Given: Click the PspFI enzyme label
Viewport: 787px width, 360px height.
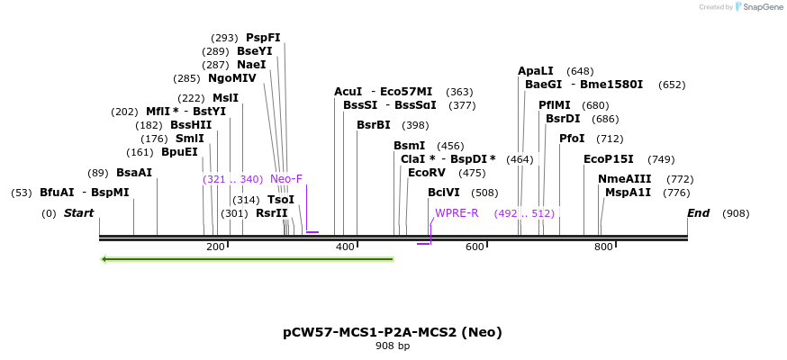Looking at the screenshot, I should pyautogui.click(x=263, y=38).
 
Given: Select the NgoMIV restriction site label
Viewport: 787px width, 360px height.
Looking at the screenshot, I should pyautogui.click(x=232, y=78).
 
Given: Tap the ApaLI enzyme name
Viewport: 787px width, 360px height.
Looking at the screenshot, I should pyautogui.click(x=535, y=71).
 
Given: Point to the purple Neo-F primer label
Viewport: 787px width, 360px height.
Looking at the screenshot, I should pyautogui.click(x=286, y=179).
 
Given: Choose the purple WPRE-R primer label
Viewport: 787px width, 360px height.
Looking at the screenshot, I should pyautogui.click(x=457, y=213).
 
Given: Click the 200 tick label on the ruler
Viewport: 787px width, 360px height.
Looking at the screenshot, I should pyautogui.click(x=215, y=247).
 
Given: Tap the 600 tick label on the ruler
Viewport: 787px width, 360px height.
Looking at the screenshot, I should pyautogui.click(x=475, y=247).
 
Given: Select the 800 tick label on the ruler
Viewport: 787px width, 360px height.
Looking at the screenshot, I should pyautogui.click(x=603, y=247).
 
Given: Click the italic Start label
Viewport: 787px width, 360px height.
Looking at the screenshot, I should pyautogui.click(x=78, y=213).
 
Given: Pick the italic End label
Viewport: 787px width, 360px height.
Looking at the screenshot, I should pyautogui.click(x=698, y=213).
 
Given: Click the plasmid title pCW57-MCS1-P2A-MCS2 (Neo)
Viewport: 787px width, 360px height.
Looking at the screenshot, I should pyautogui.click(x=393, y=332).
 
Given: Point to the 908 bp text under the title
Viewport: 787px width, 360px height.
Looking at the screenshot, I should pyautogui.click(x=393, y=346).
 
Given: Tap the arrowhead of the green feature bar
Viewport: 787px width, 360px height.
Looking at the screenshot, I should pyautogui.click(x=105, y=259).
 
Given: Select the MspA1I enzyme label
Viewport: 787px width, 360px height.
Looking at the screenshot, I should pyautogui.click(x=628, y=193).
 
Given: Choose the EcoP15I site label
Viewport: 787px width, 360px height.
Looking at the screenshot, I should pyautogui.click(x=608, y=159).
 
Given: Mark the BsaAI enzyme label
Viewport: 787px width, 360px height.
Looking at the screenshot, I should pyautogui.click(x=134, y=173).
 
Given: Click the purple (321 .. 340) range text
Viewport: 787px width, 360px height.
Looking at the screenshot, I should pyautogui.click(x=232, y=179).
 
